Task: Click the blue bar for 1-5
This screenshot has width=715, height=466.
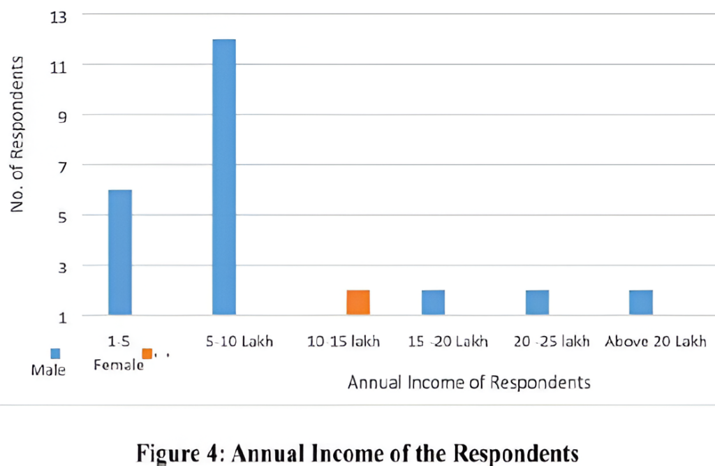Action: click(120, 252)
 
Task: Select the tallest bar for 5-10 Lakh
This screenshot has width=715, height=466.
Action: click(224, 177)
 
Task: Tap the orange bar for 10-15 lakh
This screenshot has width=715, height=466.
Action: click(358, 303)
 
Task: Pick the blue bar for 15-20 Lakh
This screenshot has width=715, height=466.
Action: click(433, 303)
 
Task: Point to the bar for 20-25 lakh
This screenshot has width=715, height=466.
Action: click(537, 303)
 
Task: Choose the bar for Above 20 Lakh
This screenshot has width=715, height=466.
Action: click(640, 303)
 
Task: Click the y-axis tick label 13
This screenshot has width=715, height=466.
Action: click(59, 15)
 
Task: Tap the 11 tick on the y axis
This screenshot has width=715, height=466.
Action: click(59, 66)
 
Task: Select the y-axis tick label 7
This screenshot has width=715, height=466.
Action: click(60, 166)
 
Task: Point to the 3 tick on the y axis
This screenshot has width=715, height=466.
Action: click(60, 266)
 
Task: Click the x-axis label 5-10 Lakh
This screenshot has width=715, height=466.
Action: click(240, 342)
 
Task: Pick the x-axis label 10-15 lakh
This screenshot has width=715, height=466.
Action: click(344, 342)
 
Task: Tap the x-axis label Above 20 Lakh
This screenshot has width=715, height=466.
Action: click(656, 342)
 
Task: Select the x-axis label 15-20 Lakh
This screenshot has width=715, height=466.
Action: click(448, 342)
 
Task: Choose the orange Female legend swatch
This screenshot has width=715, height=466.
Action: click(147, 354)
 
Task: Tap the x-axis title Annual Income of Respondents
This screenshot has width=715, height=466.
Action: click(469, 382)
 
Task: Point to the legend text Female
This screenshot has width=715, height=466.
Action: click(119, 365)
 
